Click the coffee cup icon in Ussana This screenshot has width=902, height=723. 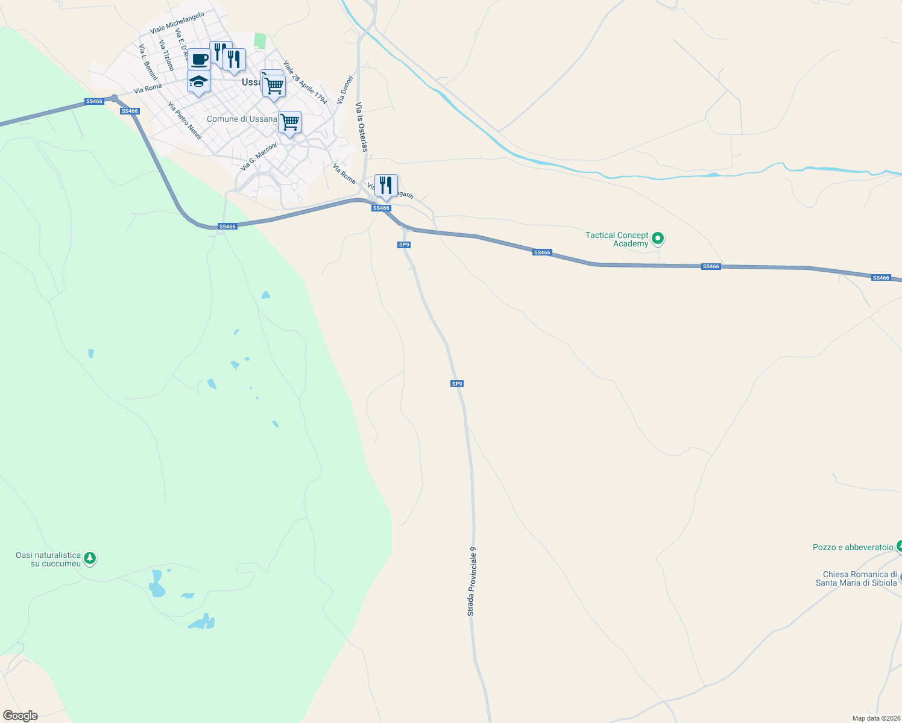[x=199, y=60]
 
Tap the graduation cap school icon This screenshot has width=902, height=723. [x=198, y=81]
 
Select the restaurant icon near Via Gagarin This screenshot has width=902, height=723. [x=386, y=186]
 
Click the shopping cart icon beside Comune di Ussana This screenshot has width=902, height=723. [x=289, y=122]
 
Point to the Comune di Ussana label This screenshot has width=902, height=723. [x=241, y=119]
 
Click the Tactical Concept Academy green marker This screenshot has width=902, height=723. [x=658, y=239]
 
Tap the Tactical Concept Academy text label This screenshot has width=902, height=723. [x=617, y=239]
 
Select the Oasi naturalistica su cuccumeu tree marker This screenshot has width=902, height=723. [x=90, y=559]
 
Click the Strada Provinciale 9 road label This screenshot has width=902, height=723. [x=472, y=581]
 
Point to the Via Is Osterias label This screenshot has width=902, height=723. [x=362, y=127]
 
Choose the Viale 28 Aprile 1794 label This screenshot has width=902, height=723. [x=305, y=83]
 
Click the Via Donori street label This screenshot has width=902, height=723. [x=345, y=89]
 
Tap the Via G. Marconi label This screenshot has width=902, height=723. [x=259, y=157]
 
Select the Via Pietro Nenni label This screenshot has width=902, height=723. [x=184, y=120]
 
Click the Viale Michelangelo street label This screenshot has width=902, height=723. [x=177, y=23]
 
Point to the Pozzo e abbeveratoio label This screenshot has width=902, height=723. [x=853, y=547]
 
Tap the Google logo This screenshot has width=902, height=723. [x=20, y=716]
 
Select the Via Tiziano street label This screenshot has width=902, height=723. [x=167, y=55]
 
